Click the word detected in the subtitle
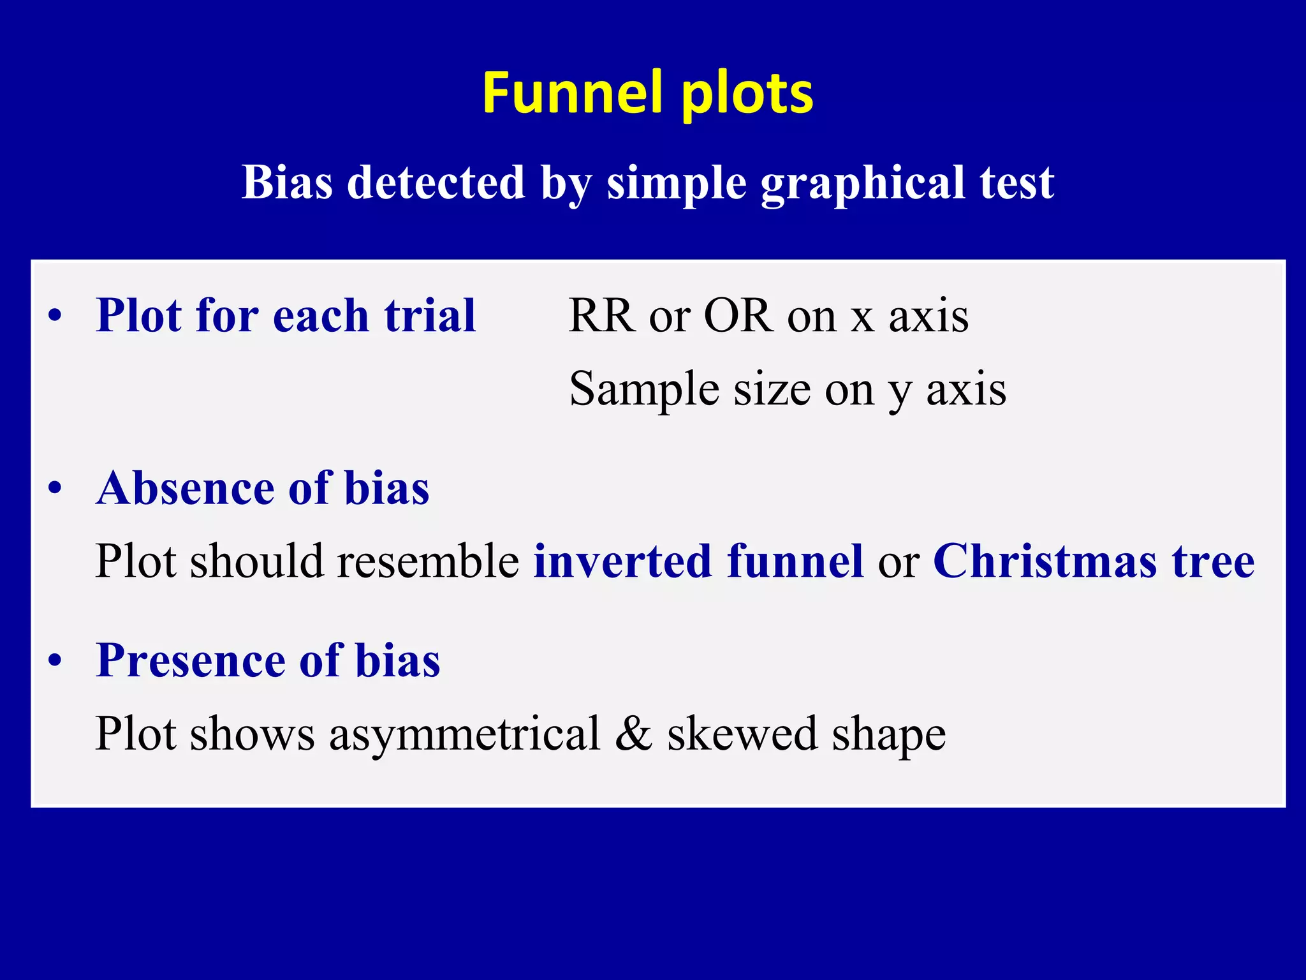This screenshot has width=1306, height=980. (436, 182)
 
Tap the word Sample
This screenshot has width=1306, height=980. (644, 389)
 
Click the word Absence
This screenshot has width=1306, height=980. (185, 488)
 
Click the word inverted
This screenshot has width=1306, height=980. (622, 561)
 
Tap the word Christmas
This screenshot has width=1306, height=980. (1045, 561)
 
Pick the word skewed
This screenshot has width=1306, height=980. (742, 734)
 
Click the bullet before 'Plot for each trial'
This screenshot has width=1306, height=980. (55, 316)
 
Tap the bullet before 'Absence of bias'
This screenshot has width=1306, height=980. (55, 489)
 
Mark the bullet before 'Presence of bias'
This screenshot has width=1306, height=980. (55, 661)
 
